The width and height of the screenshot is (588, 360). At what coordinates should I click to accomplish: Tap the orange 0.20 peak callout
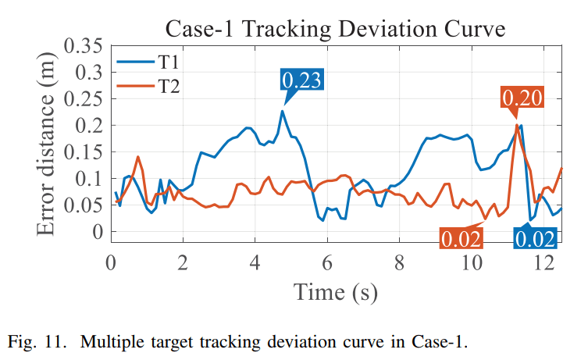pyautogui.click(x=522, y=98)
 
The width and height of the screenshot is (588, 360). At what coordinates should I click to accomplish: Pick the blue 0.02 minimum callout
pyautogui.click(x=535, y=238)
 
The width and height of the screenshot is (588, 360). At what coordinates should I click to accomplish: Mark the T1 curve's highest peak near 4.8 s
pyautogui.click(x=282, y=111)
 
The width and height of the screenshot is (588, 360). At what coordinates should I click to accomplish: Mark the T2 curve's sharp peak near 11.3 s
pyautogui.click(x=516, y=125)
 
